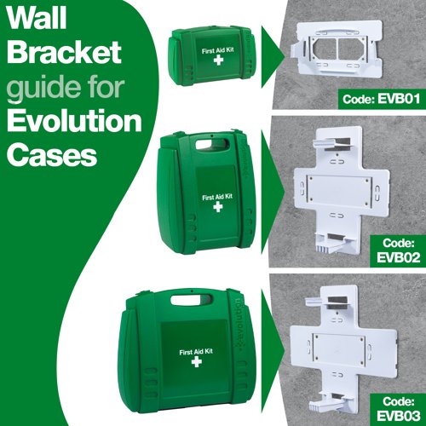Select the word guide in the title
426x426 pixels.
[36, 89]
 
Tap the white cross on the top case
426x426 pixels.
[216, 64]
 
